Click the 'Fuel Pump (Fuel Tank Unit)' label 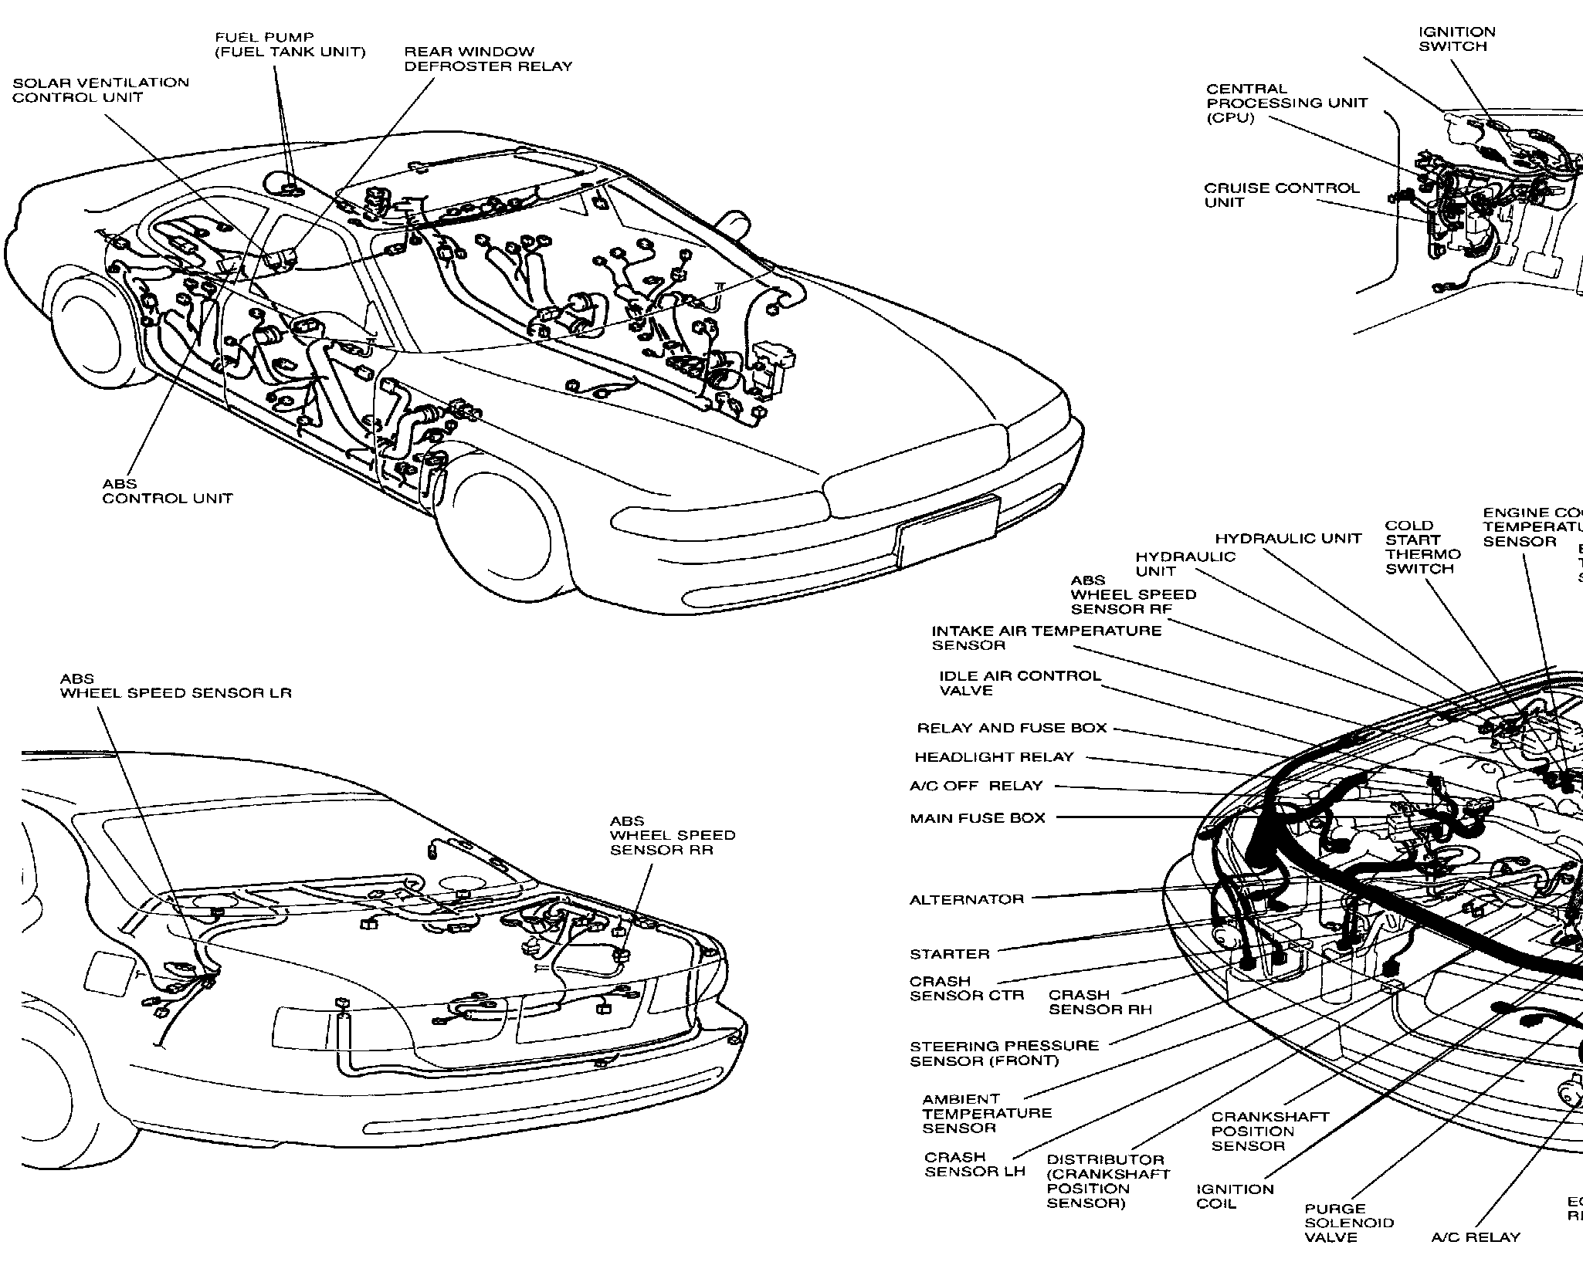tap(290, 45)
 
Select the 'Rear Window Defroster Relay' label tap(488, 59)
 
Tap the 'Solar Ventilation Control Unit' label tap(100, 90)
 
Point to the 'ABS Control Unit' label tap(168, 491)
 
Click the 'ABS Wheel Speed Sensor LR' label tap(176, 685)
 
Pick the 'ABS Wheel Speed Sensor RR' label tap(673, 835)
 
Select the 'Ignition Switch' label tap(1457, 39)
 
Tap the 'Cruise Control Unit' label tap(1281, 195)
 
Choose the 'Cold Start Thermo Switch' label tap(1422, 546)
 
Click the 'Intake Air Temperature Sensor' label tap(1046, 638)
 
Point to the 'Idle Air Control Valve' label tap(1019, 682)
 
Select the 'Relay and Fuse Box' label tap(1012, 728)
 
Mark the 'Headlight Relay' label tap(994, 757)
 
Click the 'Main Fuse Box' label tap(978, 818)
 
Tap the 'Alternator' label tap(967, 899)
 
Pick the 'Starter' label tap(949, 954)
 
